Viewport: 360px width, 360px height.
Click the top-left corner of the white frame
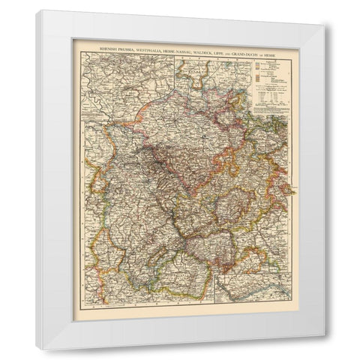pyautogui.click(x=36, y=10)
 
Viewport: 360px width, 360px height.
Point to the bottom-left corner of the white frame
pyautogui.click(x=36, y=349)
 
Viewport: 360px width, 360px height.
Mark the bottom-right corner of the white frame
pyautogui.click(x=324, y=334)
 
